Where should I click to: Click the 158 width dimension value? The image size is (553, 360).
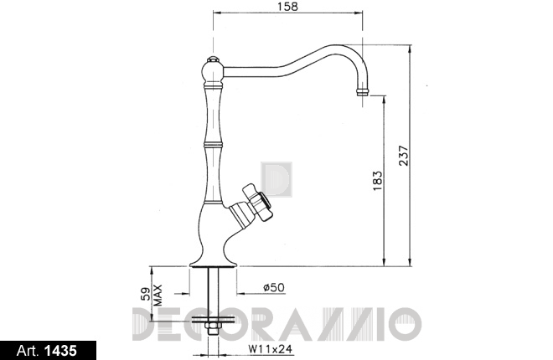pos(287,6)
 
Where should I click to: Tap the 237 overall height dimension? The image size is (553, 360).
pos(403,156)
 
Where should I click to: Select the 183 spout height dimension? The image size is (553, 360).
pos(377,181)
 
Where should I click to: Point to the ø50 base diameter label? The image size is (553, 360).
pos(274,287)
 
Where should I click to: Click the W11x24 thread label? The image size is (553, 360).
pos(271,349)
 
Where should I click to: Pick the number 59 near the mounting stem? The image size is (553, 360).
pos(146,293)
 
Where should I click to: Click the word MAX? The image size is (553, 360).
pos(158,296)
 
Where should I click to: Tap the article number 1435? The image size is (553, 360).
pos(60,351)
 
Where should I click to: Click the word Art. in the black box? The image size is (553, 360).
pos(28,351)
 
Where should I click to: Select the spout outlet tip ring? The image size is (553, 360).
pos(362,92)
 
